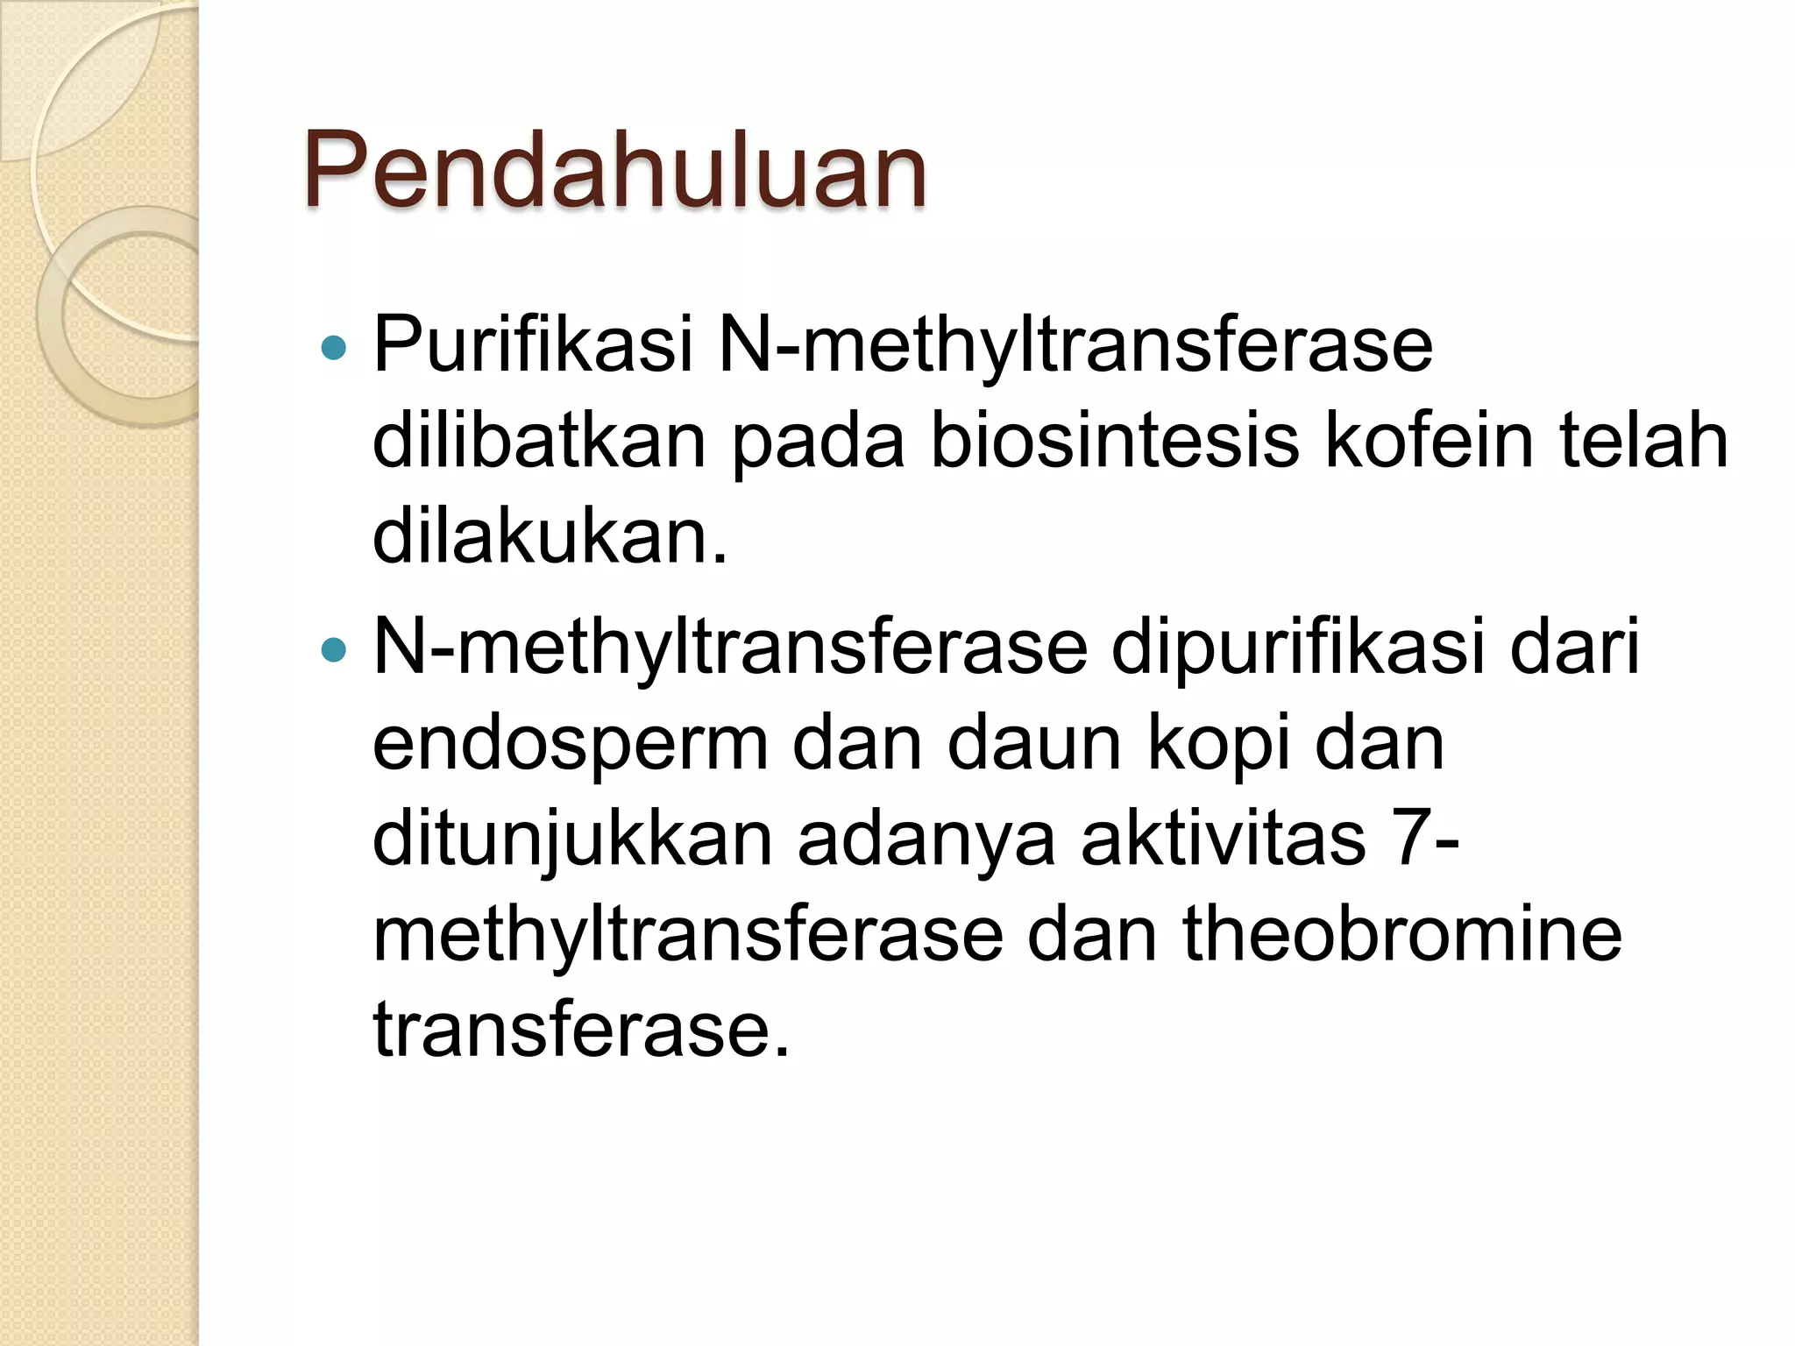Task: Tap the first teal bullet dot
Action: click(x=334, y=349)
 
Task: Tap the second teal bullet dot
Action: click(x=334, y=650)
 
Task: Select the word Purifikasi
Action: click(x=534, y=344)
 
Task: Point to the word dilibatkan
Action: click(x=539, y=441)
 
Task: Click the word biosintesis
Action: click(x=1114, y=441)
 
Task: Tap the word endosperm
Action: click(x=571, y=745)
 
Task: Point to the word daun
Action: click(x=1034, y=745)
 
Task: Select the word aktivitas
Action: click(x=1223, y=839)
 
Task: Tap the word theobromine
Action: click(x=1402, y=935)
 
